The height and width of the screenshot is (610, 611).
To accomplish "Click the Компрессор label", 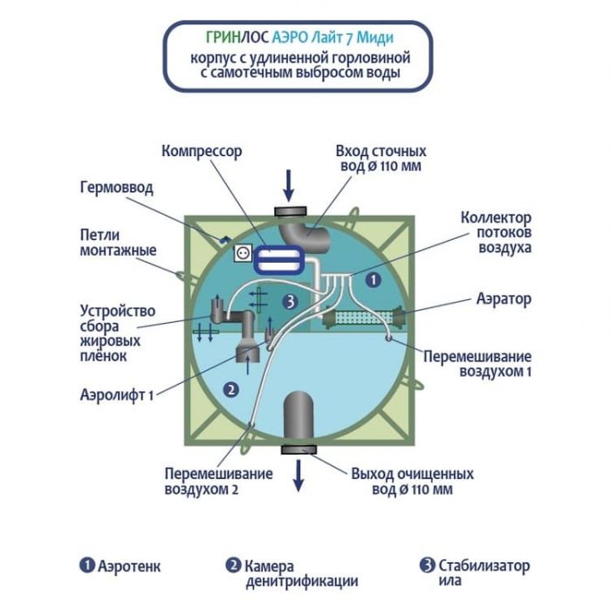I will coord(201,150).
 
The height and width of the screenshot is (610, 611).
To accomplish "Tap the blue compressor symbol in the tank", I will coord(281,259).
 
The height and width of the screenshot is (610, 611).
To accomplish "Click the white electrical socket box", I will coord(243,252).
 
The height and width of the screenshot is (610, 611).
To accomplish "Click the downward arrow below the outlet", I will coord(298,471).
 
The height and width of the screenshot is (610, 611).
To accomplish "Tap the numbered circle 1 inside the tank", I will coord(372,281).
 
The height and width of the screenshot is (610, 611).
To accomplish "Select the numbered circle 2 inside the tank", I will coord(231,390).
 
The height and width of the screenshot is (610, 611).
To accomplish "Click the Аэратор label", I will coord(504,299).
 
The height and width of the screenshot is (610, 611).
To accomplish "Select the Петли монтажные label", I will coord(116,243).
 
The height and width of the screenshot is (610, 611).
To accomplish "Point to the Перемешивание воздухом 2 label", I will coord(218,481).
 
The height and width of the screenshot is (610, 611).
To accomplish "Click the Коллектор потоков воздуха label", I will coord(495,232).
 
